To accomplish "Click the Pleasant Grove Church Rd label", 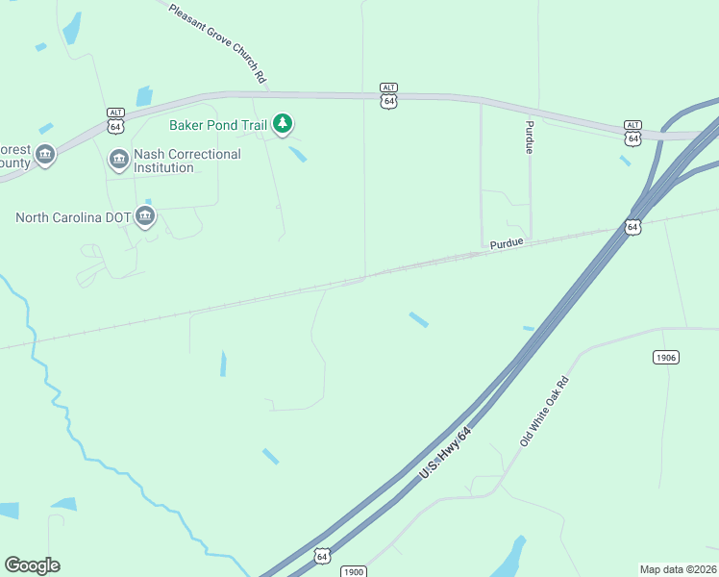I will click(217, 43).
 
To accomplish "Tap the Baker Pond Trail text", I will click(217, 124).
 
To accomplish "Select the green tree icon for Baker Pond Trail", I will click(282, 123).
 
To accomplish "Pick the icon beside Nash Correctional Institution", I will click(119, 160).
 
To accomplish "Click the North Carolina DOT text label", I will click(73, 217).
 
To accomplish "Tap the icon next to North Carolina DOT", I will click(145, 215).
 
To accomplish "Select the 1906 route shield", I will click(665, 358).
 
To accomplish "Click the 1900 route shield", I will click(353, 571).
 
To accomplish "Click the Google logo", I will click(32, 564).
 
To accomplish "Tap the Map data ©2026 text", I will click(678, 569).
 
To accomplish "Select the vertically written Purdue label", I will click(529, 138).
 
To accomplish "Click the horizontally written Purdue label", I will click(507, 244).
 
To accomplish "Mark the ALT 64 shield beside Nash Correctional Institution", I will click(115, 121).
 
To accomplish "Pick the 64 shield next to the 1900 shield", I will click(322, 556).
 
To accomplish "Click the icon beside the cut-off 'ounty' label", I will click(44, 155).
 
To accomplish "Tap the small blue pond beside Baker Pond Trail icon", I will click(298, 153).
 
